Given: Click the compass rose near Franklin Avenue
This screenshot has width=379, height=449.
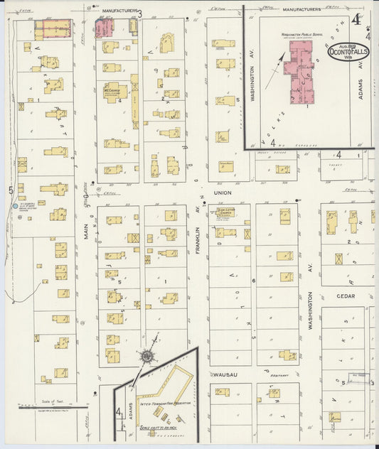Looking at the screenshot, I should click(x=147, y=355).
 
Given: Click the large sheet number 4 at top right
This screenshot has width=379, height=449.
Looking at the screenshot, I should click(x=355, y=19).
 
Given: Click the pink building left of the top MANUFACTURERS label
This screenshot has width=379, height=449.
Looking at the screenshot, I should click(x=104, y=28).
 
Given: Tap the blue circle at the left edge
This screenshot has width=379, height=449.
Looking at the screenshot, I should click(x=15, y=206).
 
